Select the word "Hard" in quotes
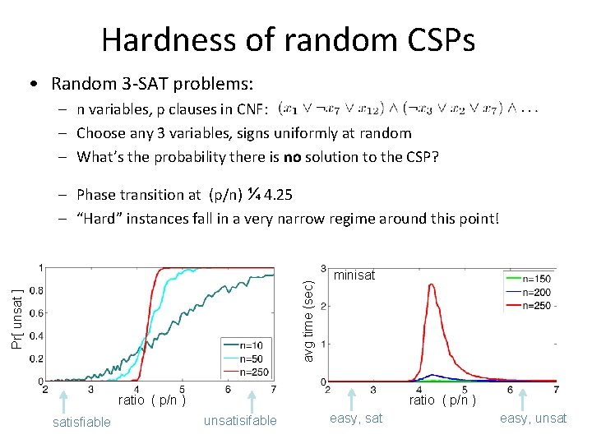100,219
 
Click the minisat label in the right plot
354,275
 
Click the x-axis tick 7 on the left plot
273,390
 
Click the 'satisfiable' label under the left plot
81,421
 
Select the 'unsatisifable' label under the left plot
240,421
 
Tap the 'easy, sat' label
356,419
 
